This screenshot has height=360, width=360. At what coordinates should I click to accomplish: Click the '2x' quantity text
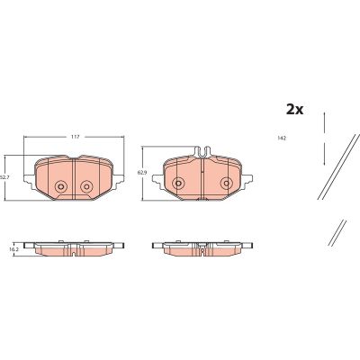click(294, 109)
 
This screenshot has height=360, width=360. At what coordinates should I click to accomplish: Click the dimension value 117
click(75, 136)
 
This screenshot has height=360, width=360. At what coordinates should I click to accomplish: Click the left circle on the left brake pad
click(61, 187)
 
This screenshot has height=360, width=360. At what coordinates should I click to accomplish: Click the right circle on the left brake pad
click(87, 187)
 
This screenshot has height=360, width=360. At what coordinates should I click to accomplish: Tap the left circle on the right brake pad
click(178, 184)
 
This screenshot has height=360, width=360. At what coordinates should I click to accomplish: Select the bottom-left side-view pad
click(75, 247)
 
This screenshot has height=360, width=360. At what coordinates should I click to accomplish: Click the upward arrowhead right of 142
click(323, 115)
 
